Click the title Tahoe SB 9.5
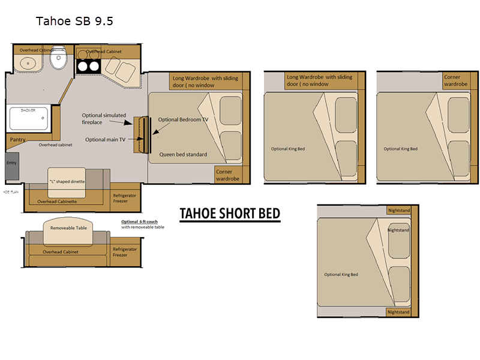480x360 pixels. coord(74,22)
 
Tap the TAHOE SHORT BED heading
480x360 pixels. coord(230,214)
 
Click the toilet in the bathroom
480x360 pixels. coord(59,58)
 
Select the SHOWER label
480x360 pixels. coord(29,110)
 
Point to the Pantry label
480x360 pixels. coord(18,139)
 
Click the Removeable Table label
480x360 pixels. coord(68,228)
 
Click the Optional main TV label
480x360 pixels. coord(105,139)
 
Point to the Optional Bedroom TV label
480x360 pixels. coord(183,119)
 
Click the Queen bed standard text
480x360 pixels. coord(183,154)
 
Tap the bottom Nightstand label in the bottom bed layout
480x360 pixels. coord(398,312)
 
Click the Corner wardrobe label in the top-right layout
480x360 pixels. coord(455,80)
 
